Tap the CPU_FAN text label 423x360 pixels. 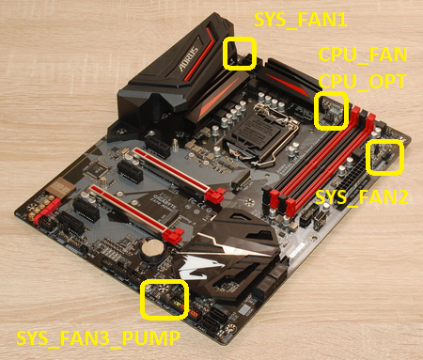point(361,55)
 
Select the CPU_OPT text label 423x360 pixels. point(361,82)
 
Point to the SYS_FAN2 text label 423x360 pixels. point(361,197)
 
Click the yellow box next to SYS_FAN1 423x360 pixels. point(240,53)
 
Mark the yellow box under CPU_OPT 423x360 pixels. point(332,110)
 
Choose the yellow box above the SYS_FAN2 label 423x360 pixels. point(386,157)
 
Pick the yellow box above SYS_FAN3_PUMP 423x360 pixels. point(164,299)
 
